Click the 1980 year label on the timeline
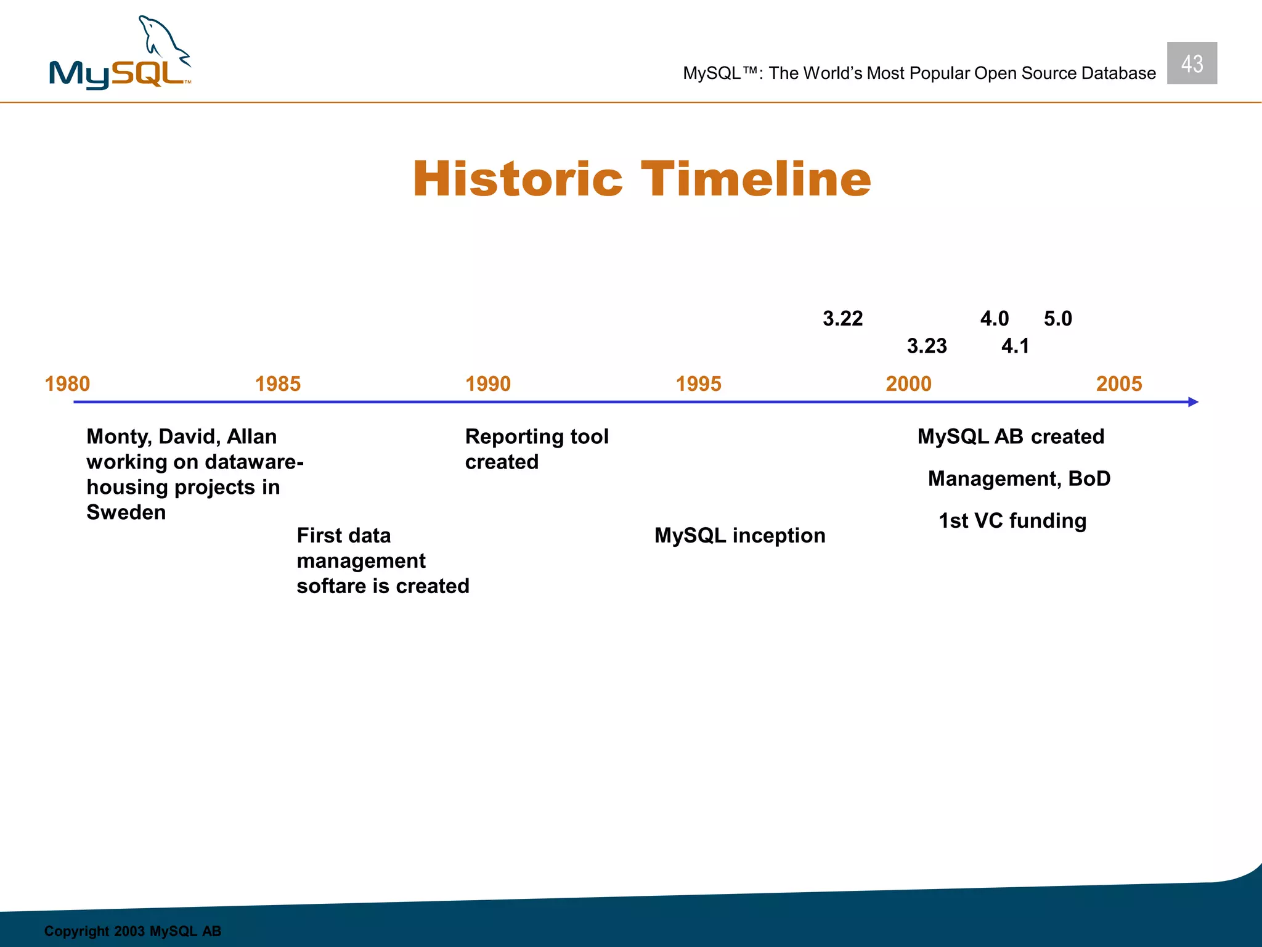(x=67, y=384)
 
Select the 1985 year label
(x=278, y=384)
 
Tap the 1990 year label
(x=488, y=384)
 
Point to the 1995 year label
(x=698, y=384)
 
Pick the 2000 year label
(x=908, y=384)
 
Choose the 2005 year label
(x=1119, y=384)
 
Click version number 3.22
(x=842, y=319)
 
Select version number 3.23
(x=927, y=346)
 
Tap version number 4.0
(x=995, y=319)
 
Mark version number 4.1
(x=1016, y=346)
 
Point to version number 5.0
(x=1058, y=319)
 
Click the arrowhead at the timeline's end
(x=1193, y=402)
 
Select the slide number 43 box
(x=1192, y=64)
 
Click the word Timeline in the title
(x=755, y=179)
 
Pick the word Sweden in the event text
(x=126, y=512)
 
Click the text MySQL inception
(x=739, y=535)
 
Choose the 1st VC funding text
(x=1012, y=520)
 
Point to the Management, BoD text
(x=1019, y=478)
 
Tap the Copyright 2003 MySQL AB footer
(x=132, y=931)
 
